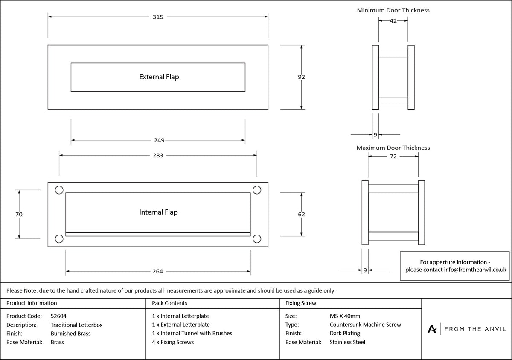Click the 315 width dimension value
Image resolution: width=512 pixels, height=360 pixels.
point(158,17)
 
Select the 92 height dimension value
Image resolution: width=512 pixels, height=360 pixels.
point(301,77)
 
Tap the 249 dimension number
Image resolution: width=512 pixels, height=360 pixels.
point(159,140)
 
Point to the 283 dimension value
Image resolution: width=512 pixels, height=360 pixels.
point(158,155)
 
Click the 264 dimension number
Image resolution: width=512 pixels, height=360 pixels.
point(158,271)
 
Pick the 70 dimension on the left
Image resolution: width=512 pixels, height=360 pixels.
point(19,214)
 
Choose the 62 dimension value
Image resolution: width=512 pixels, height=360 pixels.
point(301,214)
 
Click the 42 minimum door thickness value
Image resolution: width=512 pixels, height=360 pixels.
point(393,21)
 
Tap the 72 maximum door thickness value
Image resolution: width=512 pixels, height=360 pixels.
point(393,157)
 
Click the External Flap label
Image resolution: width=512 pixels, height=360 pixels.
point(159,77)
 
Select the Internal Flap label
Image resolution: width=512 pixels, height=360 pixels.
point(158,212)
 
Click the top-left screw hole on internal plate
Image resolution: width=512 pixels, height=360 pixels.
point(59,190)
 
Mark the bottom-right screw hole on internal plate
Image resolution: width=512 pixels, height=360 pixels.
point(257,239)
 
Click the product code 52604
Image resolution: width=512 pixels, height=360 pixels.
point(58,316)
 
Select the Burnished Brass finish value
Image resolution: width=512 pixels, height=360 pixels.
point(71,334)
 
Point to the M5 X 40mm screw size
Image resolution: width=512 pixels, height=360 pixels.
point(345,316)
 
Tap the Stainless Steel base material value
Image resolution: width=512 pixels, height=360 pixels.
point(347,342)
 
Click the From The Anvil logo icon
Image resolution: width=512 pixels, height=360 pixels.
point(432,329)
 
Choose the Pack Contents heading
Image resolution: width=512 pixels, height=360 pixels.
point(170,303)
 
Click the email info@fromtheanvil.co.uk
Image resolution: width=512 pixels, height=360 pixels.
point(475,270)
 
